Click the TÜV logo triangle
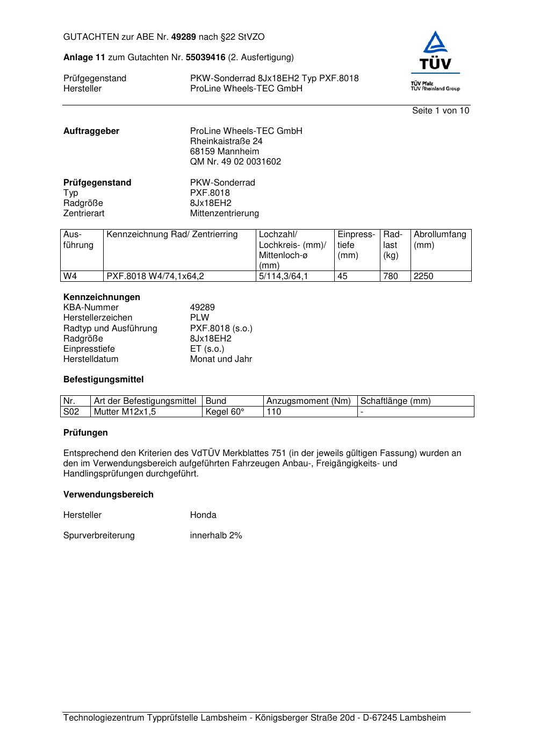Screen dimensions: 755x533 435,44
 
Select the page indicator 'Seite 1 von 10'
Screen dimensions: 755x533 440,111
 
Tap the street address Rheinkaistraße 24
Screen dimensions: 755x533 226,141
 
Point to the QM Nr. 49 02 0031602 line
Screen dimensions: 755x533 235,162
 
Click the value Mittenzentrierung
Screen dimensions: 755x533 224,213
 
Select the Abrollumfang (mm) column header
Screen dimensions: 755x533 440,240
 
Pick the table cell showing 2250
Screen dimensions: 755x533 423,276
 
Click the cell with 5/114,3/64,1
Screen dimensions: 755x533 283,276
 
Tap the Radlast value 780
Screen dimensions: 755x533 391,276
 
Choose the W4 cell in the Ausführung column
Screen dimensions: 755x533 70,276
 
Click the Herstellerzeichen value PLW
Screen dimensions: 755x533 199,318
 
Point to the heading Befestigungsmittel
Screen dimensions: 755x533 103,380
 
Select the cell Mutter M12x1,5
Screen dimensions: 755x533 121,412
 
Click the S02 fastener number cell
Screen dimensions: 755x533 71,412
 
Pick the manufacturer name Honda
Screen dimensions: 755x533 203,515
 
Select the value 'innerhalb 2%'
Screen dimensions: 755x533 216,536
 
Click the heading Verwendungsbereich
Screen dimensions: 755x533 108,495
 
